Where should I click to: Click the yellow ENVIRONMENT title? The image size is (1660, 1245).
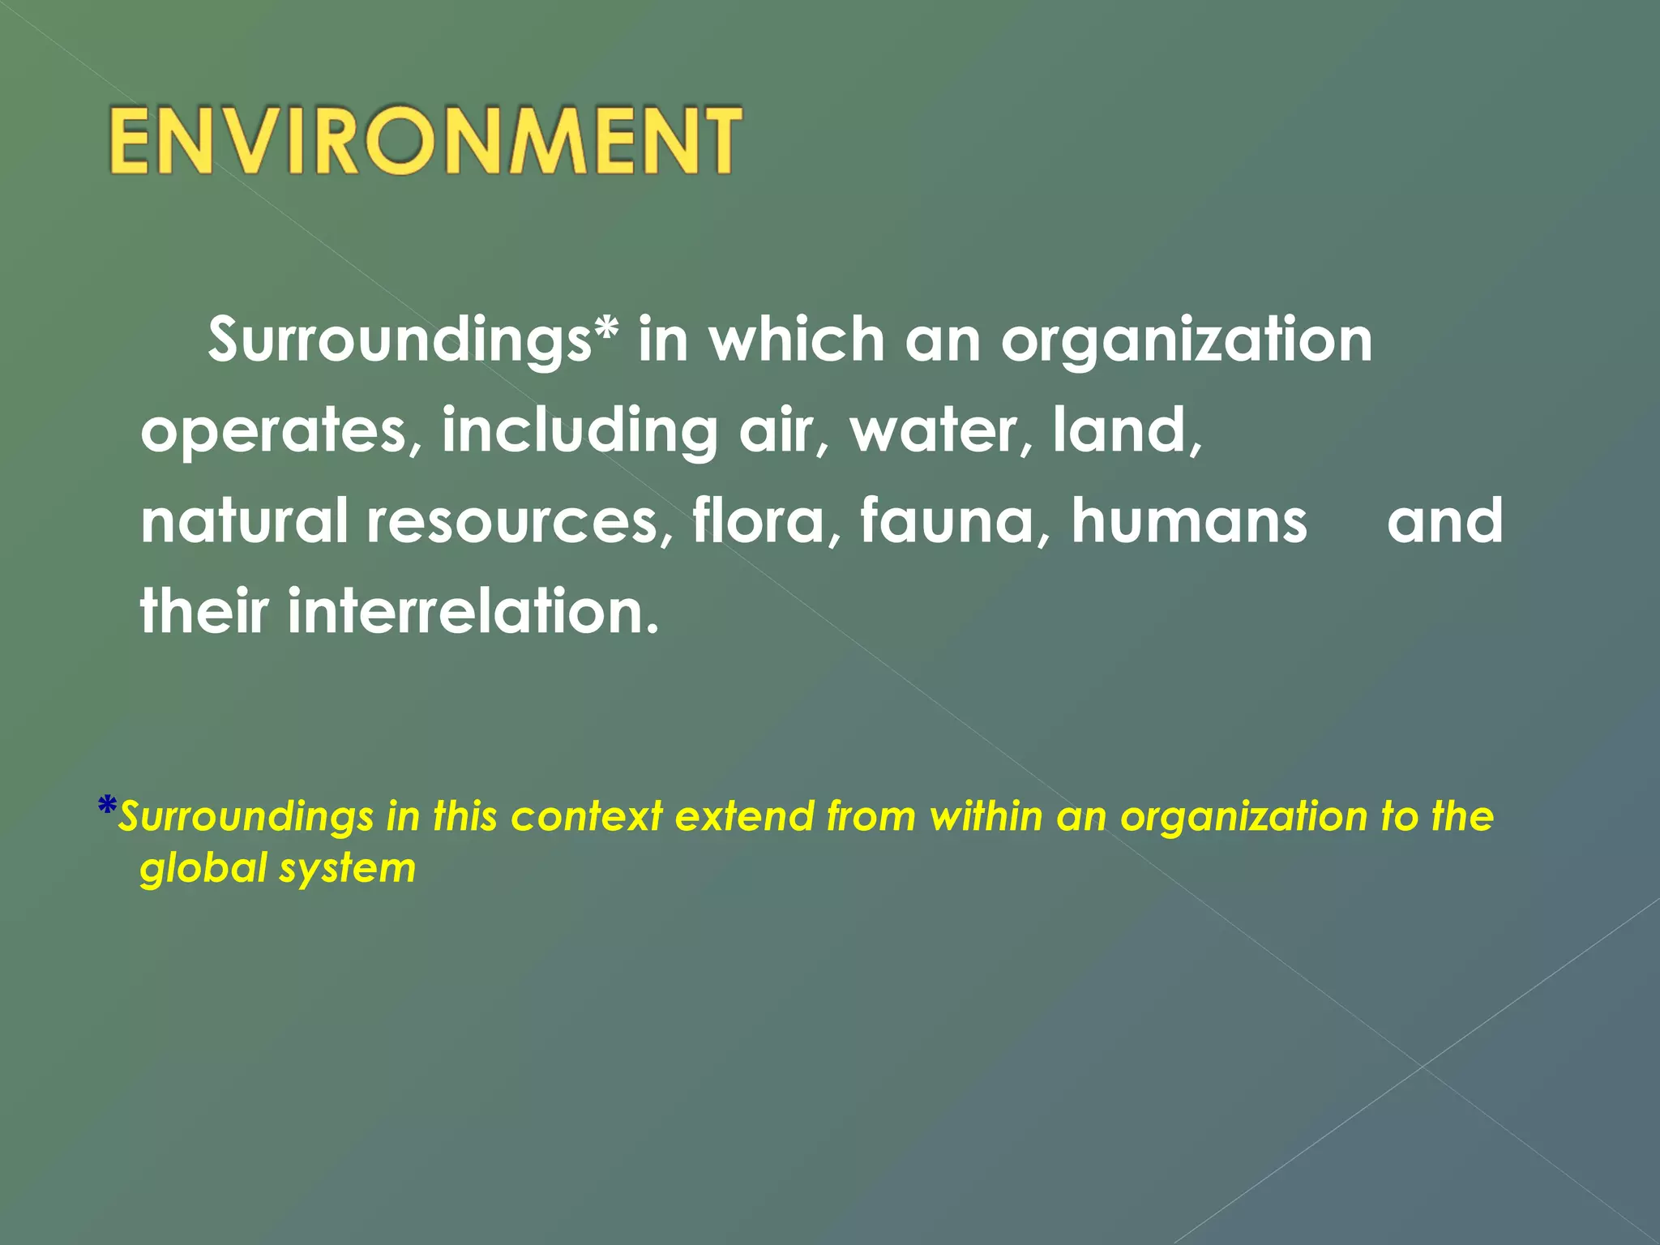pos(425,140)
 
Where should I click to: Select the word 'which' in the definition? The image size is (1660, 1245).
pos(797,340)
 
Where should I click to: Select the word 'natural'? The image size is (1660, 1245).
pos(244,520)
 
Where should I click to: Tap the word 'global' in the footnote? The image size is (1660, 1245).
pos(203,868)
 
